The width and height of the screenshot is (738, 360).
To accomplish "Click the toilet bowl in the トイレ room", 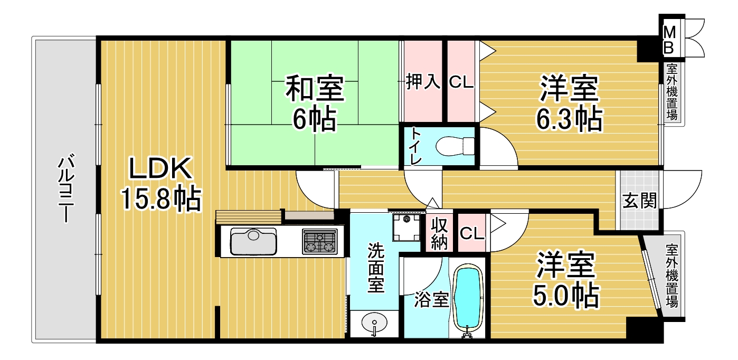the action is [x=455, y=146].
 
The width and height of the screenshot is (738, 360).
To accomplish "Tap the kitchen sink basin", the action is [x=253, y=241].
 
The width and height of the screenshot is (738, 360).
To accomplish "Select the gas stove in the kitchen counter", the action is [x=320, y=241].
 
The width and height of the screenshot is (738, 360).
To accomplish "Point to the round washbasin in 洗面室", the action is [x=374, y=323].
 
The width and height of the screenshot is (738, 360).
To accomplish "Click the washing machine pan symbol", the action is [x=406, y=228].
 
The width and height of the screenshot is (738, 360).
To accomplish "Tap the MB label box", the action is [x=669, y=40].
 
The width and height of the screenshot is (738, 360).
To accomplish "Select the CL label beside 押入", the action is [x=461, y=82].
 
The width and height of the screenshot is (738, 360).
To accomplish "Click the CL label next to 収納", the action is [x=472, y=233].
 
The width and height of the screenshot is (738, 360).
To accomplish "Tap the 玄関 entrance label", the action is [x=640, y=201].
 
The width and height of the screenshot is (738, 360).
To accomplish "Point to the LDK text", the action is [x=160, y=168].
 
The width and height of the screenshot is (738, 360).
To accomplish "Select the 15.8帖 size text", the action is [x=160, y=198].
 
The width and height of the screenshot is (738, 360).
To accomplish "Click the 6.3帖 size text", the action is [x=569, y=119].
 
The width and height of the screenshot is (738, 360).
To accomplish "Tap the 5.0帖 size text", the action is [x=566, y=296].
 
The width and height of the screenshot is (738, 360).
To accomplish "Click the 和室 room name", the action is [x=315, y=89].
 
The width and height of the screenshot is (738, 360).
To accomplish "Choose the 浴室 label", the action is [x=432, y=299].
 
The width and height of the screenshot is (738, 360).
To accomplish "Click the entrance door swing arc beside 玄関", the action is [x=690, y=197].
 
